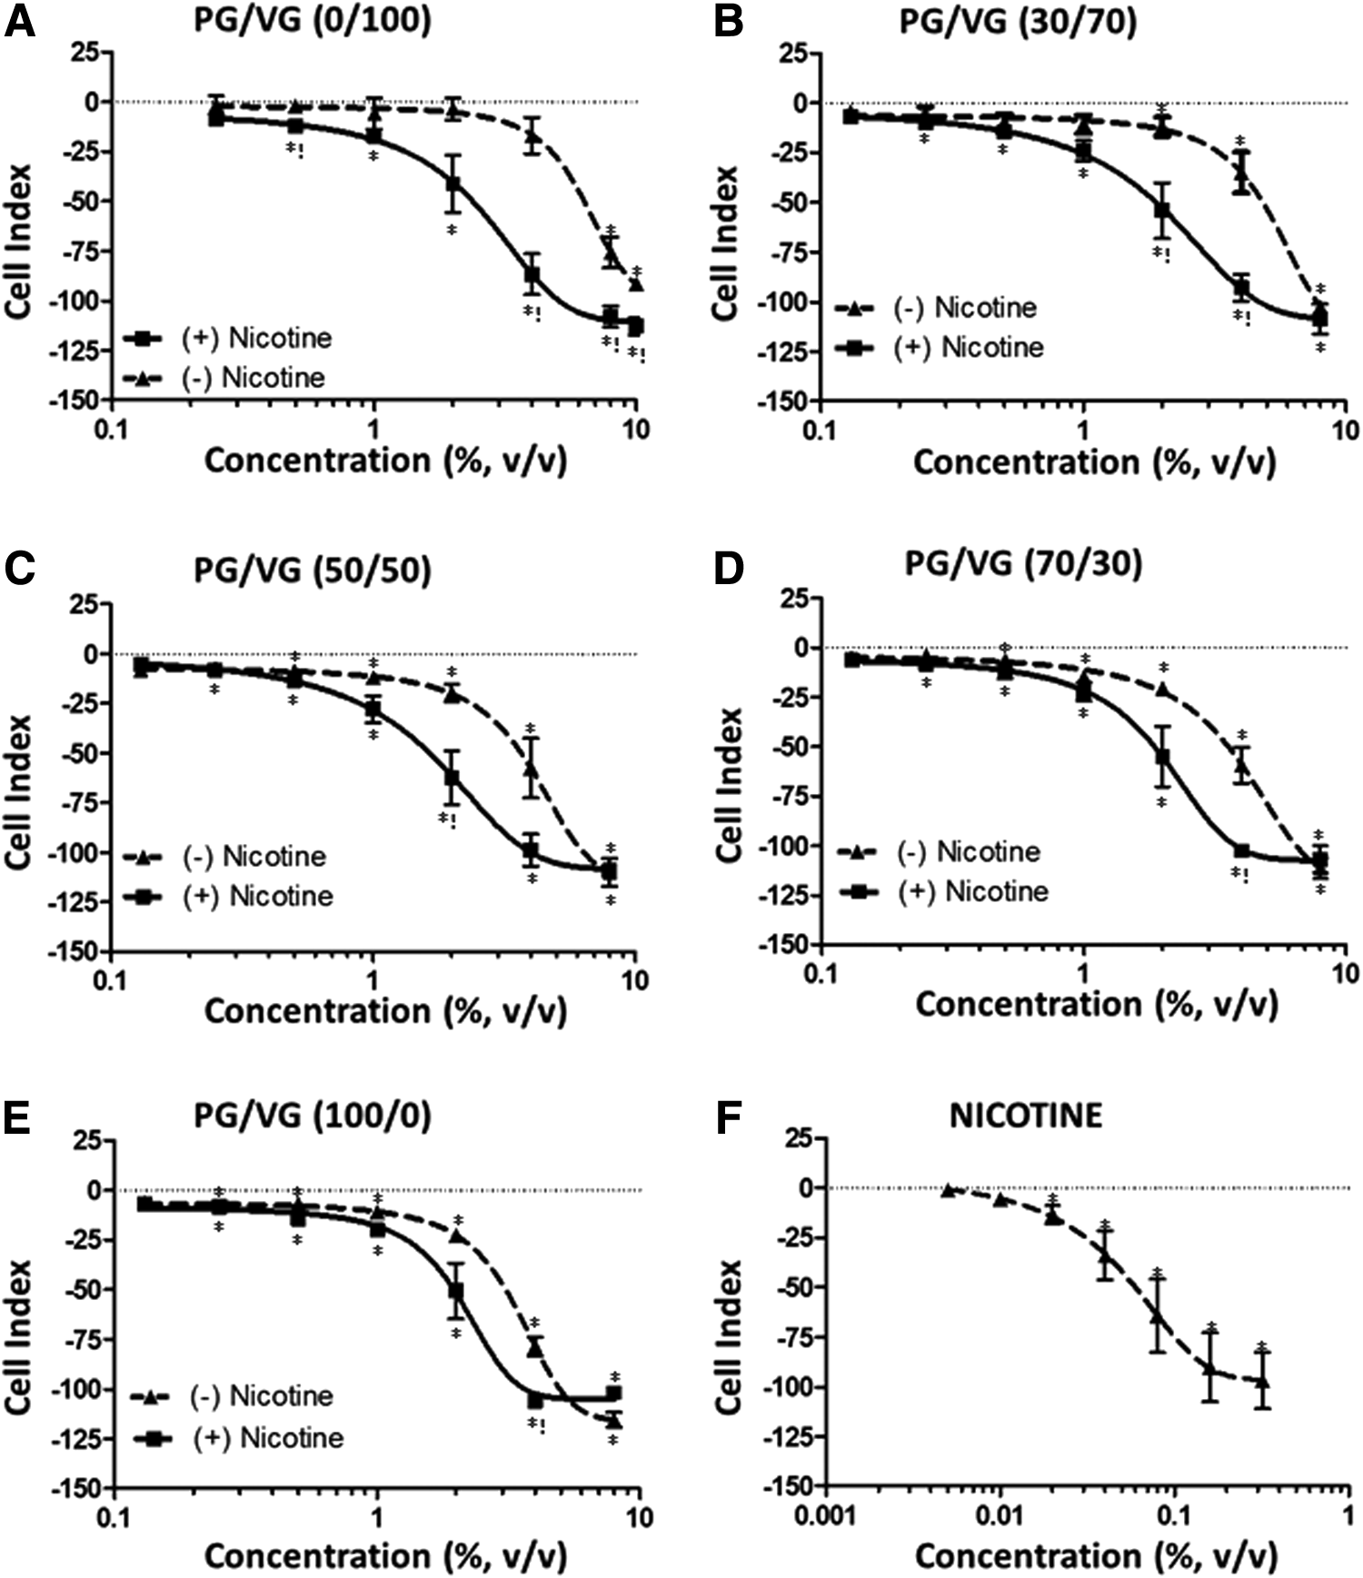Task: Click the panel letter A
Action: pos(20,20)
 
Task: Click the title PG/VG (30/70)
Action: pos(1018,20)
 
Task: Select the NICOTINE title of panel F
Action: pos(1026,1115)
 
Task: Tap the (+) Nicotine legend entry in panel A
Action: pos(228,338)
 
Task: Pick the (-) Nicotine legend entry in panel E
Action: pos(233,1395)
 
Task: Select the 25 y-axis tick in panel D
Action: pos(798,597)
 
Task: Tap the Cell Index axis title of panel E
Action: pos(20,1335)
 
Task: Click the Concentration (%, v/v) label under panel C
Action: pos(385,1010)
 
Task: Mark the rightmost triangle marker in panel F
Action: pos(1261,1382)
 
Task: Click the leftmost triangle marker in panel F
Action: pos(947,1190)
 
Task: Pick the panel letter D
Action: pos(729,567)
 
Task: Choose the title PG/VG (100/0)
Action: pos(313,1115)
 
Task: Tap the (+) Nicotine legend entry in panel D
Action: pos(949,891)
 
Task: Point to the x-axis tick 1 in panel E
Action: pos(376,1516)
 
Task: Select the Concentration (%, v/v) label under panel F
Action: pos(1097,1555)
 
